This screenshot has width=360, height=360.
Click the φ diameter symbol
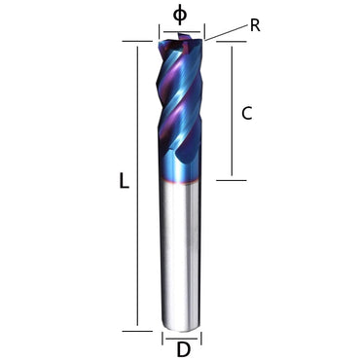coord(180,15)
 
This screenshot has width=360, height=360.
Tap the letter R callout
coord(255,25)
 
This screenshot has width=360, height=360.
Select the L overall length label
coord(124,180)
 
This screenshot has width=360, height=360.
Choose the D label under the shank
coord(182,348)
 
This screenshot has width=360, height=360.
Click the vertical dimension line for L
coord(138,185)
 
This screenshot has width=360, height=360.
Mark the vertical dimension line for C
coord(231,111)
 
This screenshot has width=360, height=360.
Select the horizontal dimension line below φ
coord(181,31)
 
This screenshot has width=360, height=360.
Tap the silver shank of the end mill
coord(181,253)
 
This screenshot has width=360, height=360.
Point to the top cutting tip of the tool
coord(182,40)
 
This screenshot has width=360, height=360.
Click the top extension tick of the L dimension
coord(137,41)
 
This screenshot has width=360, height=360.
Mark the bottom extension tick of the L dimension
coord(137,331)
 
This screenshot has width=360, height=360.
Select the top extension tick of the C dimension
coord(231,42)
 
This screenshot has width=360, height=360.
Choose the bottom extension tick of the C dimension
coord(231,180)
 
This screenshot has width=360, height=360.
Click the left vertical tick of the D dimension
coord(162,339)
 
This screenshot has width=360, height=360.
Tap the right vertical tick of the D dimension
coord(200,339)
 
